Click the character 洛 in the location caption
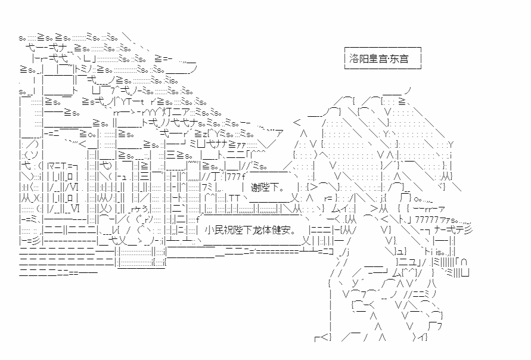355,59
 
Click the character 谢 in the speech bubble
255,187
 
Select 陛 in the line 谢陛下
264,187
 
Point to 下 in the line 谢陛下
273,187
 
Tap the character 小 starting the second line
208,229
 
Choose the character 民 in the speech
217,229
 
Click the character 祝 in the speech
226,229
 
